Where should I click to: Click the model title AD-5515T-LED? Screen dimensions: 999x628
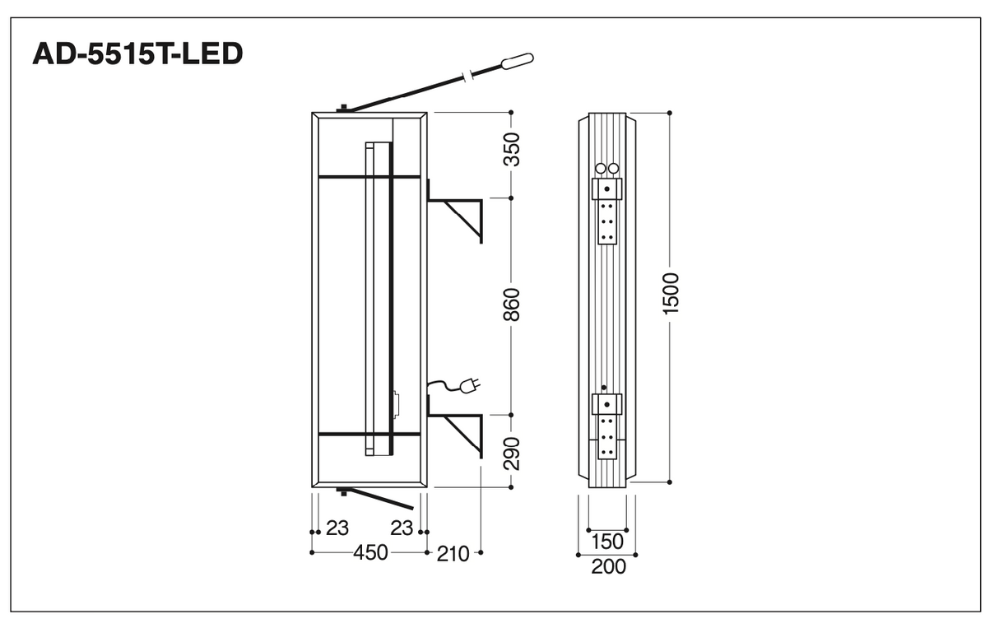[x=137, y=54]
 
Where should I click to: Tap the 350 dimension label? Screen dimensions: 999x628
[x=512, y=150]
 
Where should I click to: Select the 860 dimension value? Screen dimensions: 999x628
[x=512, y=305]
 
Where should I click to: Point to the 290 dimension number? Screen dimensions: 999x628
[x=512, y=454]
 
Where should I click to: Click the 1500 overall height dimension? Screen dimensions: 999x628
[x=671, y=294]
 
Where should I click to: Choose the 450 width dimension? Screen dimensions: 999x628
[x=370, y=553]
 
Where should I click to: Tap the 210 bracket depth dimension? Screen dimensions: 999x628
[x=453, y=554]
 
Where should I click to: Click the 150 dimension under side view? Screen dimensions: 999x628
[x=607, y=542]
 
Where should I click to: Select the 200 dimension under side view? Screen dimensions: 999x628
[x=608, y=567]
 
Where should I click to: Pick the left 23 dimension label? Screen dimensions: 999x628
[x=337, y=528]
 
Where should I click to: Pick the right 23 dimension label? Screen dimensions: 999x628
[x=402, y=528]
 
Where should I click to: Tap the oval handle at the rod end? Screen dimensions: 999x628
[x=518, y=61]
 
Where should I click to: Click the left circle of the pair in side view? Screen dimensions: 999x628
[x=601, y=169]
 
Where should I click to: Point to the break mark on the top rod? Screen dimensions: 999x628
[x=467, y=77]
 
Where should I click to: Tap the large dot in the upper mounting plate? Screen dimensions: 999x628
[x=606, y=189]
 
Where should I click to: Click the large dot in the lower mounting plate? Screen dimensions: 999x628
[x=606, y=405]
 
